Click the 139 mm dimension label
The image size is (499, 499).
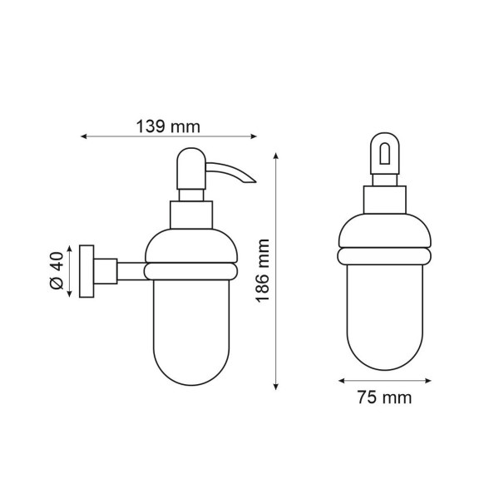coord(168,126)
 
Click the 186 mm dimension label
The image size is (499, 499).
coord(263,271)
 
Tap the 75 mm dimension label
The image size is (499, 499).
coord(384,398)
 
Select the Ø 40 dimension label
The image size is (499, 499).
coord(57,271)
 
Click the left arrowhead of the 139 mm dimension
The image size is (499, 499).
coord(83,136)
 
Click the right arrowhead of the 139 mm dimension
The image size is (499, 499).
coord(254,136)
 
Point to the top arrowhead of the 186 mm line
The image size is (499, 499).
coord(276,156)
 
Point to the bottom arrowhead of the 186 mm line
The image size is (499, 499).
coord(276,387)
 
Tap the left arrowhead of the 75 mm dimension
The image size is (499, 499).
coord(342,381)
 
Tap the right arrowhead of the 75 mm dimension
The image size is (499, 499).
coord(428,381)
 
